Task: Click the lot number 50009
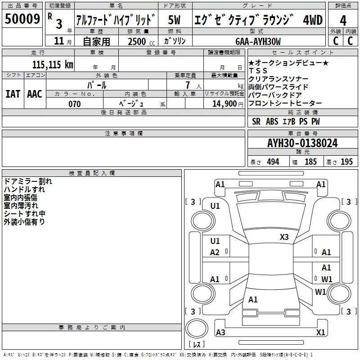click(22, 19)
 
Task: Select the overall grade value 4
click(343, 21)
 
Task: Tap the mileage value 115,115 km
click(53, 64)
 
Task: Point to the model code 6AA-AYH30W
click(258, 41)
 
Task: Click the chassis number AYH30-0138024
click(302, 143)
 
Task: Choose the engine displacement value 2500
click(137, 41)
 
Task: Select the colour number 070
click(75, 104)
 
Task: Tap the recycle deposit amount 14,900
click(224, 104)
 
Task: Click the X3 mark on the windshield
click(284, 237)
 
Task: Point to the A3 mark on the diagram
click(220, 332)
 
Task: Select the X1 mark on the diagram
click(320, 332)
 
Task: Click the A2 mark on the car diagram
click(215, 252)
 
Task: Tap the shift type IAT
click(13, 94)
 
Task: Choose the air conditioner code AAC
click(35, 94)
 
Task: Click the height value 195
click(346, 162)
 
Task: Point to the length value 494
click(273, 162)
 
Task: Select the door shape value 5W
click(174, 20)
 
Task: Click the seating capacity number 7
click(188, 85)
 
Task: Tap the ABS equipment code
click(272, 121)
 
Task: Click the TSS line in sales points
click(258, 71)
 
